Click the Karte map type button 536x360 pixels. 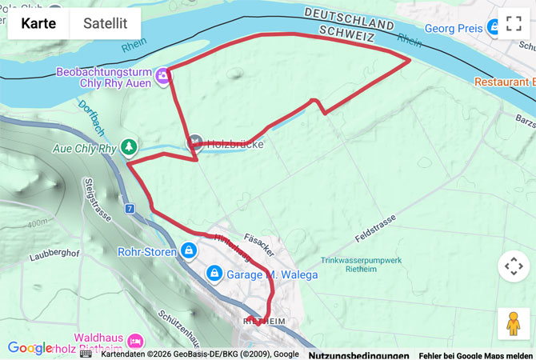click(38, 23)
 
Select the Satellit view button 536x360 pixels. click(105, 23)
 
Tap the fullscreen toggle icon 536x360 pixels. click(513, 23)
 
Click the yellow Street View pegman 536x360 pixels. click(513, 324)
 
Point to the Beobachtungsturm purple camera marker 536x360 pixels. click(163, 75)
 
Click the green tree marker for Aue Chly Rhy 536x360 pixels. click(129, 147)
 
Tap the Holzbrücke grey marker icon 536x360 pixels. click(195, 143)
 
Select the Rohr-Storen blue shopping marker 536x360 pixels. click(188, 251)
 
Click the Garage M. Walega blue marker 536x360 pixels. click(214, 274)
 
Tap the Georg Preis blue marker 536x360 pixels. click(495, 28)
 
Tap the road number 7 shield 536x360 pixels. click(129, 208)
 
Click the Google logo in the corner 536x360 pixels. click(30, 348)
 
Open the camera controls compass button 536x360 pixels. click(513, 266)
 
